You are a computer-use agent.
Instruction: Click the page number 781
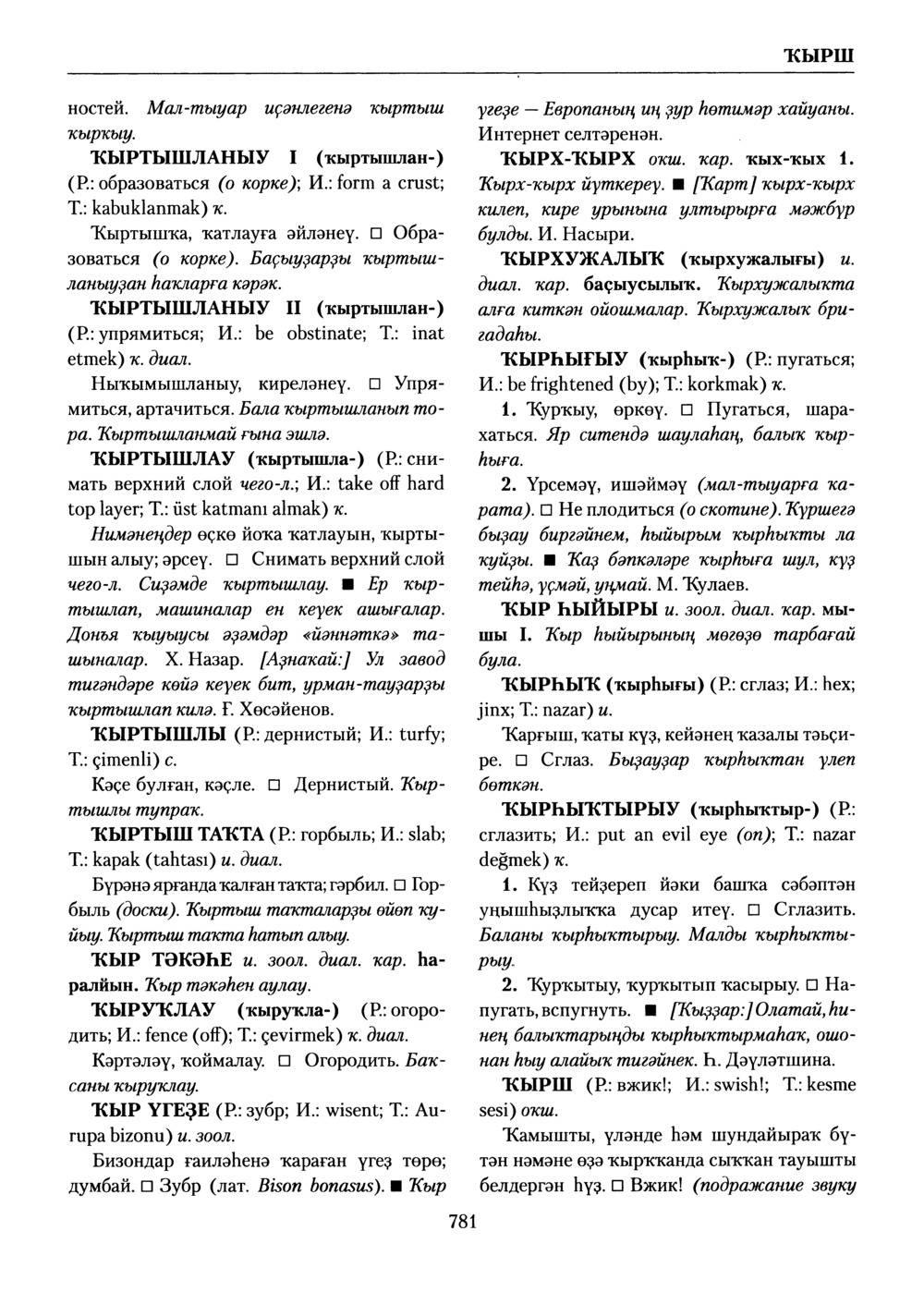pos(461,1222)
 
